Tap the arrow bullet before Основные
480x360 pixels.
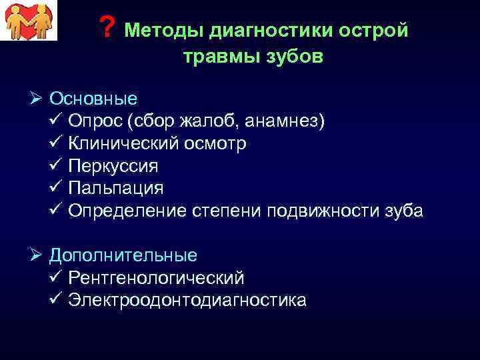[x=37, y=99]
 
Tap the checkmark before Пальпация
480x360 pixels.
[x=55, y=188]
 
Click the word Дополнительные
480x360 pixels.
[x=123, y=255]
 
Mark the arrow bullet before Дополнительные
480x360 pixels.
[x=37, y=255]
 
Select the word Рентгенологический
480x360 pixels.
[x=156, y=278]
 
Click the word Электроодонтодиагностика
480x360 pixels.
[x=187, y=300]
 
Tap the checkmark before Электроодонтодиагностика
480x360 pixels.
[x=55, y=300]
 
